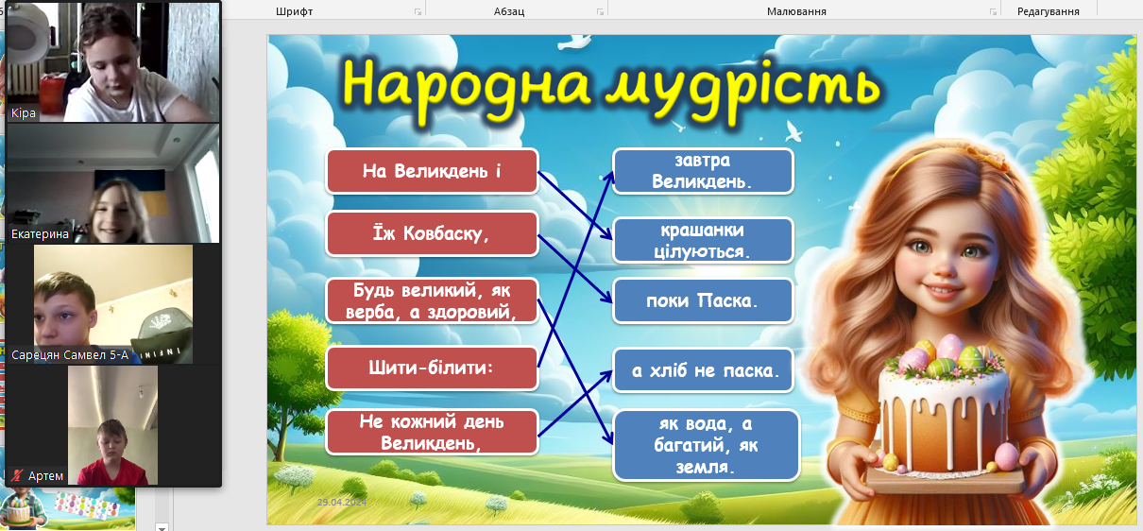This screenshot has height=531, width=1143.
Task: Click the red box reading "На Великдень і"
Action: [432, 171]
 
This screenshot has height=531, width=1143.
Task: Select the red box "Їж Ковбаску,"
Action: [432, 233]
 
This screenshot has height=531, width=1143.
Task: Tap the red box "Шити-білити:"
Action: [432, 368]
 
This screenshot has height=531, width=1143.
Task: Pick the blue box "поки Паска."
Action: [703, 300]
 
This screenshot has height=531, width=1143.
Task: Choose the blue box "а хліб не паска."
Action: [703, 370]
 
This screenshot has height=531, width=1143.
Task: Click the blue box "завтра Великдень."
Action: [703, 171]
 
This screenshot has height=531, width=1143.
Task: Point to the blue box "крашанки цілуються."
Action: [703, 240]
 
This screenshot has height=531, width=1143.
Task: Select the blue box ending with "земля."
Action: [707, 446]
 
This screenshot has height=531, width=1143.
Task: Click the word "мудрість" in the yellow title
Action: [742, 87]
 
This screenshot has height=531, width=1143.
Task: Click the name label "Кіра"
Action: [24, 112]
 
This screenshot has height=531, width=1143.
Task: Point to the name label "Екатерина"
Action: [40, 233]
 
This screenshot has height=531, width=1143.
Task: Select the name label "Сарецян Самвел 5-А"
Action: [70, 355]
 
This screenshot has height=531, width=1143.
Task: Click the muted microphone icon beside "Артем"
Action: [17, 475]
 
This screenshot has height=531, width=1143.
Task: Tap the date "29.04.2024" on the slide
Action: [342, 503]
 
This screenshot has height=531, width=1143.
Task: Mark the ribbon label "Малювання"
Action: [796, 11]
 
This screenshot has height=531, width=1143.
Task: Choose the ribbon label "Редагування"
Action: [1049, 11]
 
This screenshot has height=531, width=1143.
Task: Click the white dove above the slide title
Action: [574, 42]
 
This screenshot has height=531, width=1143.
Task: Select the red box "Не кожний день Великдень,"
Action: [432, 432]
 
